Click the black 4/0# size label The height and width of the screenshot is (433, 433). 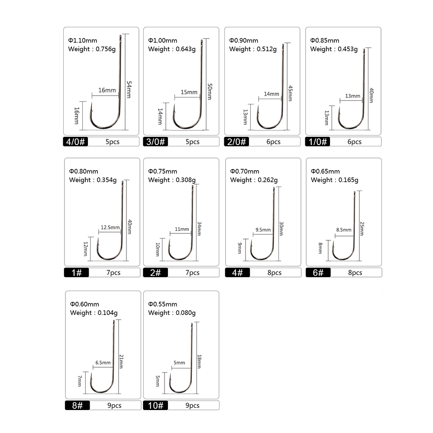coord(76,142)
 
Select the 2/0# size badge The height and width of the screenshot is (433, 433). coord(237,142)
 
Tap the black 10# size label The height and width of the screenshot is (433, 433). coord(156,405)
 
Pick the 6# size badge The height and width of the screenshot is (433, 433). coord(318,272)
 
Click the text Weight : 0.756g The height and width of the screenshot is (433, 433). coord(92,49)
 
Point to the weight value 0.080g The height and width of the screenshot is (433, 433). coord(185,313)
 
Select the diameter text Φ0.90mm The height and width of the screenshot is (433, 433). coord(243,40)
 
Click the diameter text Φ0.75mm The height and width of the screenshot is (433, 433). coord(162,171)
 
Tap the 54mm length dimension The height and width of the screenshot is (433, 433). coord(128,89)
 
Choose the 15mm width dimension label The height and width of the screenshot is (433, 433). coord(189,92)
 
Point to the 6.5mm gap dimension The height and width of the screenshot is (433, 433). coord(103,362)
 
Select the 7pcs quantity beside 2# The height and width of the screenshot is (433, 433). coord(192,272)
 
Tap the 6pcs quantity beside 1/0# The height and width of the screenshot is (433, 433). coord(354,142)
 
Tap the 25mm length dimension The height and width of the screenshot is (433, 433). coord(362,228)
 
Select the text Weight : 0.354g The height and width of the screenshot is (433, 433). coord(93,180)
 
